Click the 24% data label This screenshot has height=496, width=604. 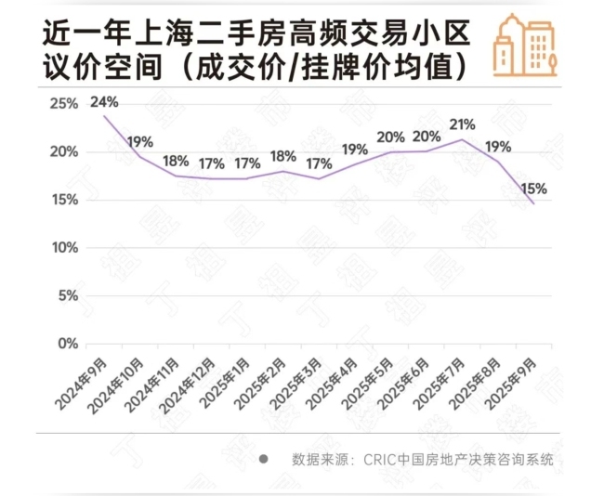104,102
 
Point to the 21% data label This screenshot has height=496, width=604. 462,124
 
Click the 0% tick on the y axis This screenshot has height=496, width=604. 67,344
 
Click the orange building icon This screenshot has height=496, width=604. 524,46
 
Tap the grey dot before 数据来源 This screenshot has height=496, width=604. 263,459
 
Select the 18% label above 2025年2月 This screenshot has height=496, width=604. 282,156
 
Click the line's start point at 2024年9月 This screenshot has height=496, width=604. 104,114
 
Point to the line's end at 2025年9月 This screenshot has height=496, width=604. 533,203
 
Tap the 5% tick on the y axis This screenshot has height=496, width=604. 67,296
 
